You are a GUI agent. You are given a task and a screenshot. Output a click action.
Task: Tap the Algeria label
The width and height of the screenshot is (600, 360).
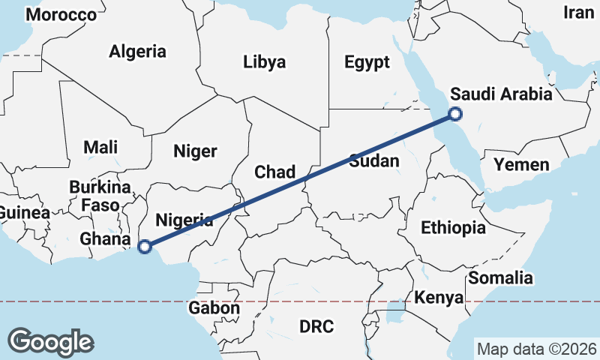point(137,52)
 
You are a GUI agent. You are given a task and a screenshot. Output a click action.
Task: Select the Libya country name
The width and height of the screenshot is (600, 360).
point(264,62)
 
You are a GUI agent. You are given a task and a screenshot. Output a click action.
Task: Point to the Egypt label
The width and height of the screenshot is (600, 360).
point(367,62)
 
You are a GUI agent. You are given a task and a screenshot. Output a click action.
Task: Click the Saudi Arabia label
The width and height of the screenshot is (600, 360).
point(500,95)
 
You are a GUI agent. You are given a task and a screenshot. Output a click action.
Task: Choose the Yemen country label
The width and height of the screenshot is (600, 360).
point(521,165)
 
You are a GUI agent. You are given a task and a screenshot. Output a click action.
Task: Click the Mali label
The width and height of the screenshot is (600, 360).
point(100,147)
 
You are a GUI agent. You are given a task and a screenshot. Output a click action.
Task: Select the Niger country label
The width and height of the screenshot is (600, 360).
point(195,151)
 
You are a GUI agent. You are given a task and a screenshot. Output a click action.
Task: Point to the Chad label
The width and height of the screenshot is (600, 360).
point(274,172)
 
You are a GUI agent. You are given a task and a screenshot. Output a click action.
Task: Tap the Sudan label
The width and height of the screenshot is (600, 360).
point(373,161)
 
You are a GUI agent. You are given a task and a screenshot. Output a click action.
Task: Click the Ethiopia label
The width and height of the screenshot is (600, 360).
point(453,228)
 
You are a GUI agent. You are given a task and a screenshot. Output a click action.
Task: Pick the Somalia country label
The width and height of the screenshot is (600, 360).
point(500,278)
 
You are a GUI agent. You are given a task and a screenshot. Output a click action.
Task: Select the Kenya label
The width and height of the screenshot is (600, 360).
point(439,298)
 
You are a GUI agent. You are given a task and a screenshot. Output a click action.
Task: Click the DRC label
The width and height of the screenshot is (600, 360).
point(316,326)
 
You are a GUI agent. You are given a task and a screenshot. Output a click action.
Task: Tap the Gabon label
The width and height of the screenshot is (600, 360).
point(214,307)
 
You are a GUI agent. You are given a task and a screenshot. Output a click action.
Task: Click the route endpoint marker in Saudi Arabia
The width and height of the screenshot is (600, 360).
point(454,114)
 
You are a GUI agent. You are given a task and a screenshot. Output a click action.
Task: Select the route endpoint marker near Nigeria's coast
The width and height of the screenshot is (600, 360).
point(146,245)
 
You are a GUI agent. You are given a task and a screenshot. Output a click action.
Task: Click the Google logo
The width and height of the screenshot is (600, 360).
point(50,341)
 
